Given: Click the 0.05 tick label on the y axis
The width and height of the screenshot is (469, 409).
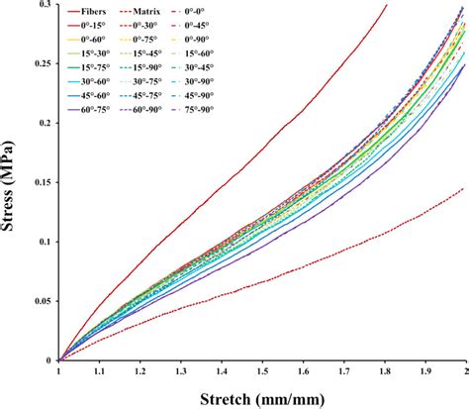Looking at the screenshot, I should point(39,302).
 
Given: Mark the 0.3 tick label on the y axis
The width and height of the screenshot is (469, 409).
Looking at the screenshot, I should point(44,5).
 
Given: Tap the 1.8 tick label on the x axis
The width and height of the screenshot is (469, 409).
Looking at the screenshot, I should point(383,373).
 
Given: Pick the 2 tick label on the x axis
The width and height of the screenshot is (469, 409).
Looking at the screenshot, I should point(464,373).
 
